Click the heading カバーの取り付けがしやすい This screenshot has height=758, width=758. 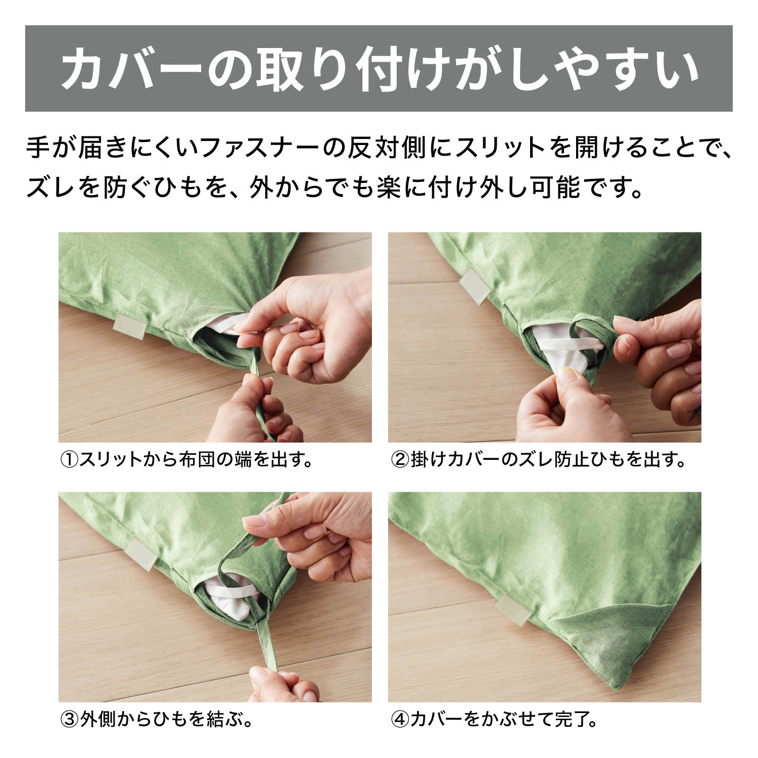pyautogui.click(x=380, y=69)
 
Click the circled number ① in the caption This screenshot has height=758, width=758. pyautogui.click(x=69, y=460)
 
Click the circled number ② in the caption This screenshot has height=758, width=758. pyautogui.click(x=400, y=460)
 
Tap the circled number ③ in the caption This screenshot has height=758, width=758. pyautogui.click(x=69, y=719)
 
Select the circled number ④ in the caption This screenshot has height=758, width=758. pyautogui.click(x=400, y=719)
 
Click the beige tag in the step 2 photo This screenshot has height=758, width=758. pyautogui.click(x=474, y=286)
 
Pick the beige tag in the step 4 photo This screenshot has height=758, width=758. pyautogui.click(x=512, y=610)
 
